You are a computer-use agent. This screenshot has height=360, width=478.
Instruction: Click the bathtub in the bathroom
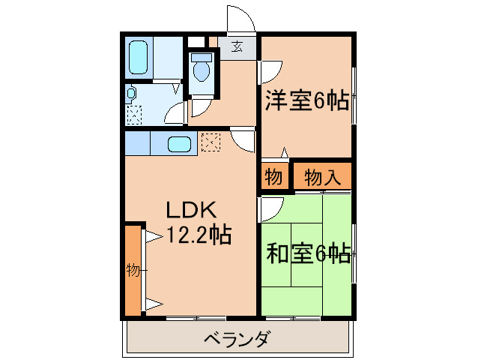(x=140, y=55)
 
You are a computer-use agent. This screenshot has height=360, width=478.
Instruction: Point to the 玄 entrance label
(x=237, y=47)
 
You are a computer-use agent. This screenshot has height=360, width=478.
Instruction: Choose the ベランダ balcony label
(x=237, y=339)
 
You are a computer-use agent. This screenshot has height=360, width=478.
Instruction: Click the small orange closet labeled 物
(x=273, y=178)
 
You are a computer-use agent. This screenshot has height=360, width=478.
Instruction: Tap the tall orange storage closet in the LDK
(x=133, y=269)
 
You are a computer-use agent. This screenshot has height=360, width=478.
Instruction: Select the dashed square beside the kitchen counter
(x=210, y=141)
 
